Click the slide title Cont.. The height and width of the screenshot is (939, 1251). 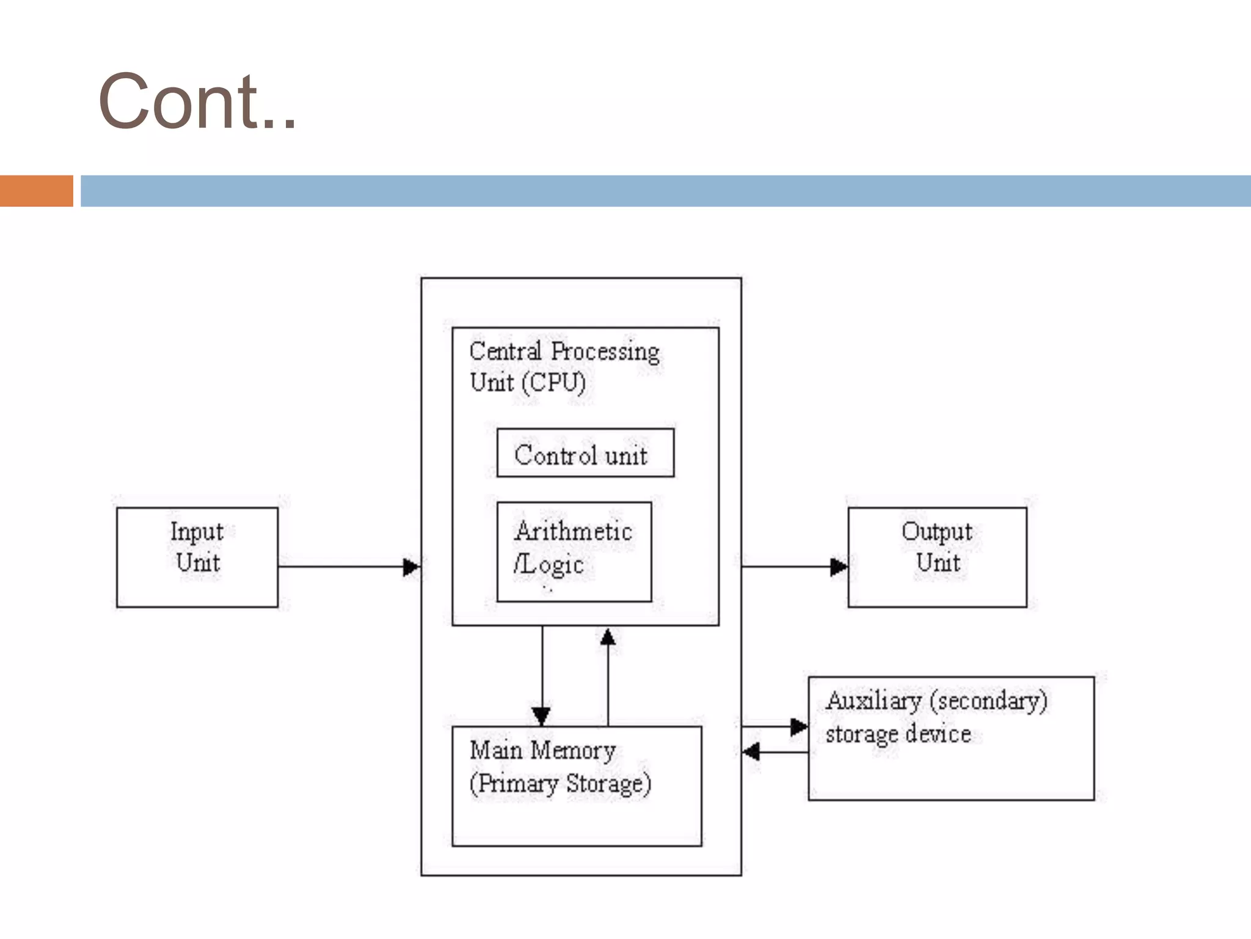197,101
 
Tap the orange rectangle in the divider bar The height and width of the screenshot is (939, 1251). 36,191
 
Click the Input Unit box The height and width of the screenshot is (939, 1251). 197,557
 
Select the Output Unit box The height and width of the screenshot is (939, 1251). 937,557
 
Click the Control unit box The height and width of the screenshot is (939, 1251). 585,453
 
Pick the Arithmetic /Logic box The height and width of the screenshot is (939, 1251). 574,551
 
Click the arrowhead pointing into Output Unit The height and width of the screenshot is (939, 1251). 839,567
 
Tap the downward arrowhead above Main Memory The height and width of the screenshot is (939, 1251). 542,715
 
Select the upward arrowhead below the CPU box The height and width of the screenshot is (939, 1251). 608,638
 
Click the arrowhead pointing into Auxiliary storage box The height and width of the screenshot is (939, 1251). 799,727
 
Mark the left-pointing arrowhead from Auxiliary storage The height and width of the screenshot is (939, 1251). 751,751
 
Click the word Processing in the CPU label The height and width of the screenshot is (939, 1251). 605,352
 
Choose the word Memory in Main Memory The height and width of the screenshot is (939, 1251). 572,751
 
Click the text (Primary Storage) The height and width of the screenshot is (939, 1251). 560,784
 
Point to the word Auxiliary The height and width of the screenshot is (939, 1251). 873,701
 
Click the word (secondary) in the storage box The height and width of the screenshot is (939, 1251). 988,701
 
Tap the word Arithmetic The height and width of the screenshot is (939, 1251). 573,531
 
